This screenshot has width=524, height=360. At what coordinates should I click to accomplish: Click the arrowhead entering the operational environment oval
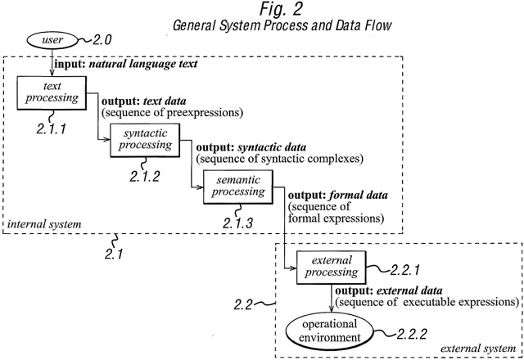331,308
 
